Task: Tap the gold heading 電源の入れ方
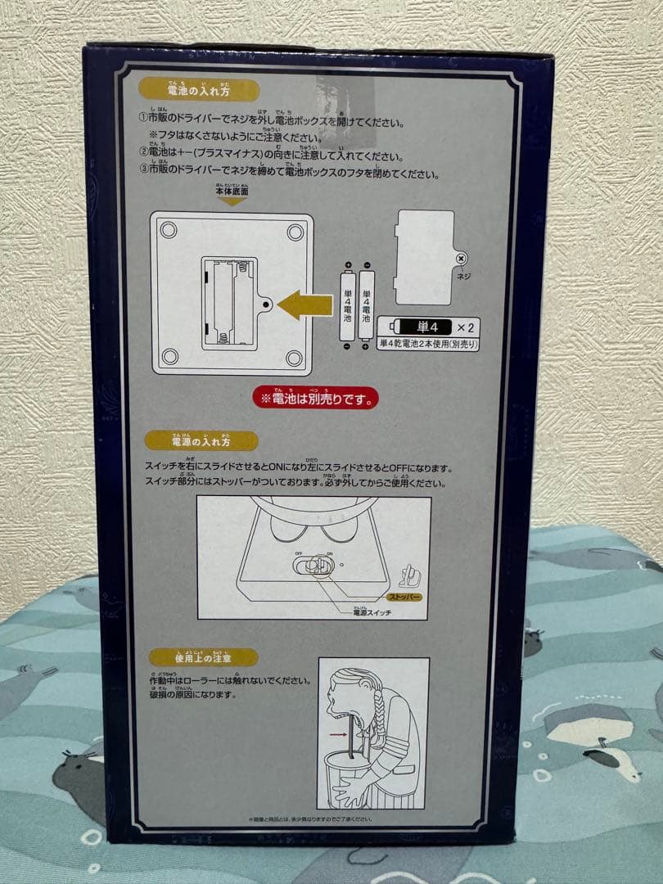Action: (x=190, y=441)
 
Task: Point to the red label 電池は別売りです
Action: (x=316, y=399)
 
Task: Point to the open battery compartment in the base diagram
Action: (x=230, y=303)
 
